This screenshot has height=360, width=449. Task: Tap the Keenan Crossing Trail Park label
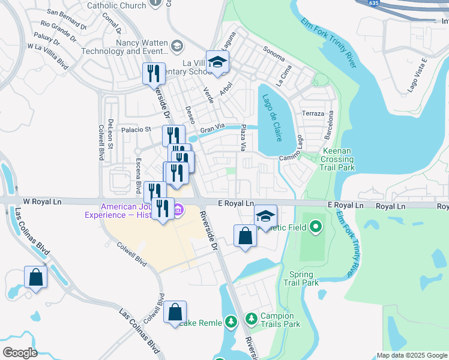pyautogui.click(x=337, y=160)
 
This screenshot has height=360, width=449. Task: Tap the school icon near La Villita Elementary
pyautogui.click(x=217, y=62)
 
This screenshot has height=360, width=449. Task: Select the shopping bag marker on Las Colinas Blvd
pyautogui.click(x=35, y=277)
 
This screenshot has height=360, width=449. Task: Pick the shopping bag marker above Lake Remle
pyautogui.click(x=175, y=312)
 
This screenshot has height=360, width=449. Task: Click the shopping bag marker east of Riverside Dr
pyautogui.click(x=245, y=236)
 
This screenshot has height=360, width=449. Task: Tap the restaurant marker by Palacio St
pyautogui.click(x=173, y=136)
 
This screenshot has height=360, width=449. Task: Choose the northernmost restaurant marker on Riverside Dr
pyautogui.click(x=154, y=74)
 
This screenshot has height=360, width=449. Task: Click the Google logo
pyautogui.click(x=20, y=352)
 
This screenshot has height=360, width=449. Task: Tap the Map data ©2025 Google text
pyautogui.click(x=412, y=355)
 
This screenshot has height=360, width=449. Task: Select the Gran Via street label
pyautogui.click(x=212, y=129)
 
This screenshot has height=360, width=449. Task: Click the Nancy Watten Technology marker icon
pyautogui.click(x=178, y=46)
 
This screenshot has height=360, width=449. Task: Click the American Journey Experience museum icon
pyautogui.click(x=178, y=210)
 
